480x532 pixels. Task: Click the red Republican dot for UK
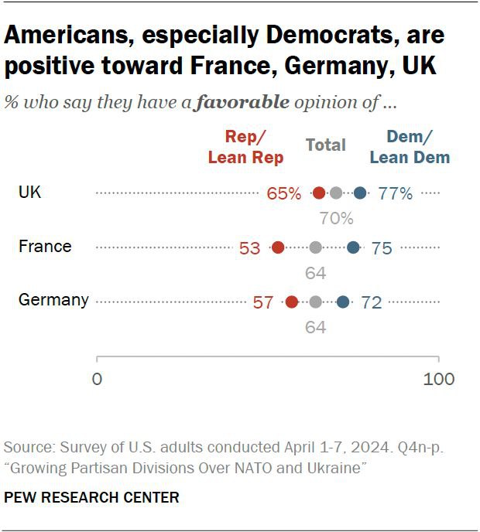click(319, 193)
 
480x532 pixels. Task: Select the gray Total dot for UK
click(335, 193)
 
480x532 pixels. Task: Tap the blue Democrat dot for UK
click(360, 193)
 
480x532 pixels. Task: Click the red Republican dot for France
click(278, 247)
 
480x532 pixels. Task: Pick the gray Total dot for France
click(315, 247)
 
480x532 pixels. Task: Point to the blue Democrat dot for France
click(353, 247)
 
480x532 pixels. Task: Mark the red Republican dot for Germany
click(292, 302)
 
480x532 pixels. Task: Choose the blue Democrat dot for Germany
click(343, 302)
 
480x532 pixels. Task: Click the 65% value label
click(283, 194)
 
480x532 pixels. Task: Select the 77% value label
click(396, 194)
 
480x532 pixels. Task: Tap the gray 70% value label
click(337, 219)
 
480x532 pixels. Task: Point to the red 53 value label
click(249, 248)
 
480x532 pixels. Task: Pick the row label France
click(45, 247)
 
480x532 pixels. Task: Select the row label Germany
click(53, 300)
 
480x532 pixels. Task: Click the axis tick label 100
click(439, 380)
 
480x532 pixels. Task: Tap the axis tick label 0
click(97, 380)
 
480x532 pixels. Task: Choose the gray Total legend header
click(326, 145)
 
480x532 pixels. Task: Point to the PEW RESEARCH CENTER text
click(91, 497)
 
